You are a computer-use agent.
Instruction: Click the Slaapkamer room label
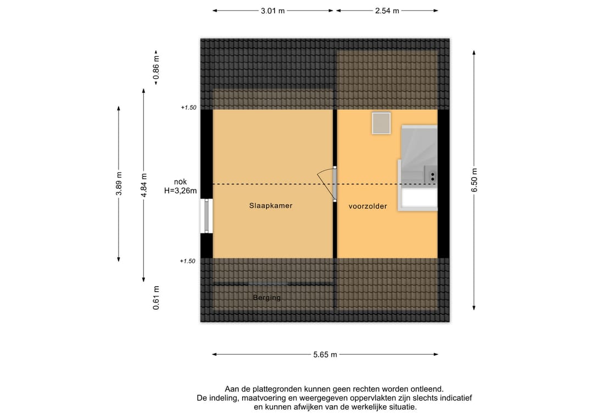click(270, 206)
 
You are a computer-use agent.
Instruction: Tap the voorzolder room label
click(367, 206)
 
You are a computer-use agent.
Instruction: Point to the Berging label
click(267, 298)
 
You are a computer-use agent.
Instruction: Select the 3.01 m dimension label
click(273, 11)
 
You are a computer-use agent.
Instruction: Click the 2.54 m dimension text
click(387, 11)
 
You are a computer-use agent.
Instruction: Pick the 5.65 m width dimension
click(325, 355)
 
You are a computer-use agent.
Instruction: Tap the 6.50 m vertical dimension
click(474, 180)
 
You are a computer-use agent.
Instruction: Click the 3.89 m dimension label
click(119, 184)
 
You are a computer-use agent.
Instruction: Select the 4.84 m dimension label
click(144, 185)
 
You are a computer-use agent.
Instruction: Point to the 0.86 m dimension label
click(156, 68)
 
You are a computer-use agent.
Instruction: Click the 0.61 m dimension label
click(156, 298)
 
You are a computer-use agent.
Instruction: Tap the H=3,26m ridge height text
click(181, 191)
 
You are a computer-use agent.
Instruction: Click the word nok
click(181, 182)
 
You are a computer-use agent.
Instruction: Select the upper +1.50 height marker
click(188, 108)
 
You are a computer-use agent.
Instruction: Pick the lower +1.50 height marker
click(187, 261)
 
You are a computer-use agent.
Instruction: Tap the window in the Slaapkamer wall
click(206, 216)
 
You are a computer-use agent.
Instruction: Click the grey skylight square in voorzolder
click(381, 123)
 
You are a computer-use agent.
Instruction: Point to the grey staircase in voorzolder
click(418, 167)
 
